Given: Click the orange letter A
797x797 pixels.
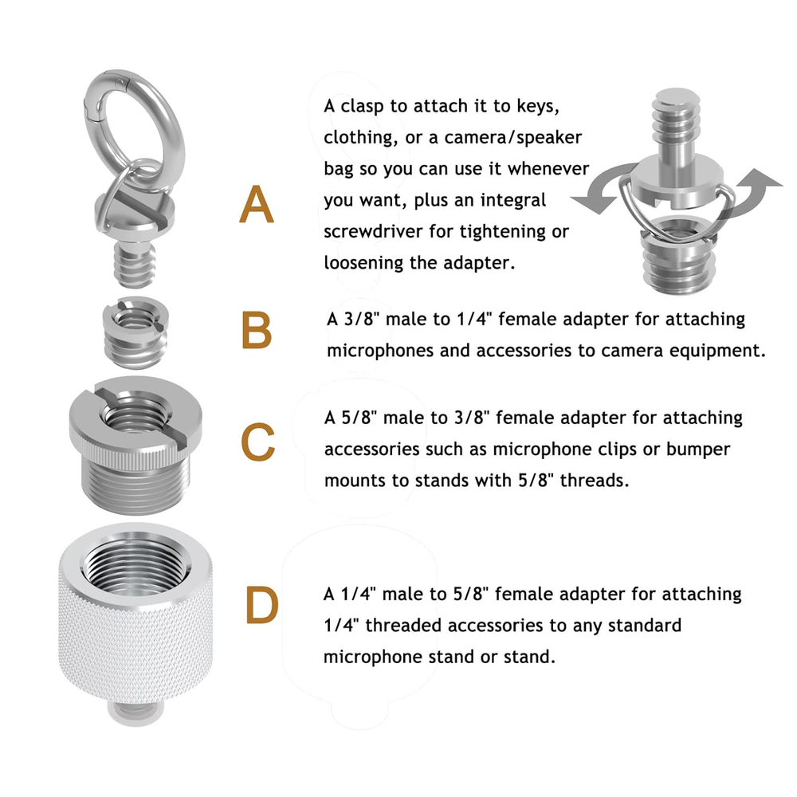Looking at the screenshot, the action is click(x=257, y=204).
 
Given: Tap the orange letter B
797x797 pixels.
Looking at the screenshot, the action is click(x=257, y=330).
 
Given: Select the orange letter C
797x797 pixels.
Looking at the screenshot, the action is click(x=257, y=442).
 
